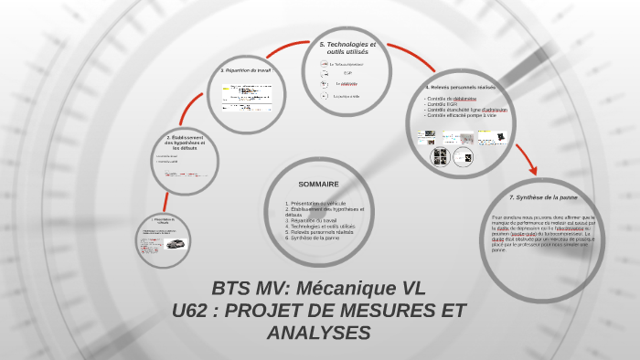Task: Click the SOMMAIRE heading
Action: coord(318,184)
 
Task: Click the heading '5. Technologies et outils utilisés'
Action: coord(347,48)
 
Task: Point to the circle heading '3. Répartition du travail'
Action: coord(248,69)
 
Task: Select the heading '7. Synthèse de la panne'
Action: coord(543,197)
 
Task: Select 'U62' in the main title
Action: coord(193,311)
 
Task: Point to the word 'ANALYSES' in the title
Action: coord(319,333)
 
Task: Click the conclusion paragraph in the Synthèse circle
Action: coord(543,233)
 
